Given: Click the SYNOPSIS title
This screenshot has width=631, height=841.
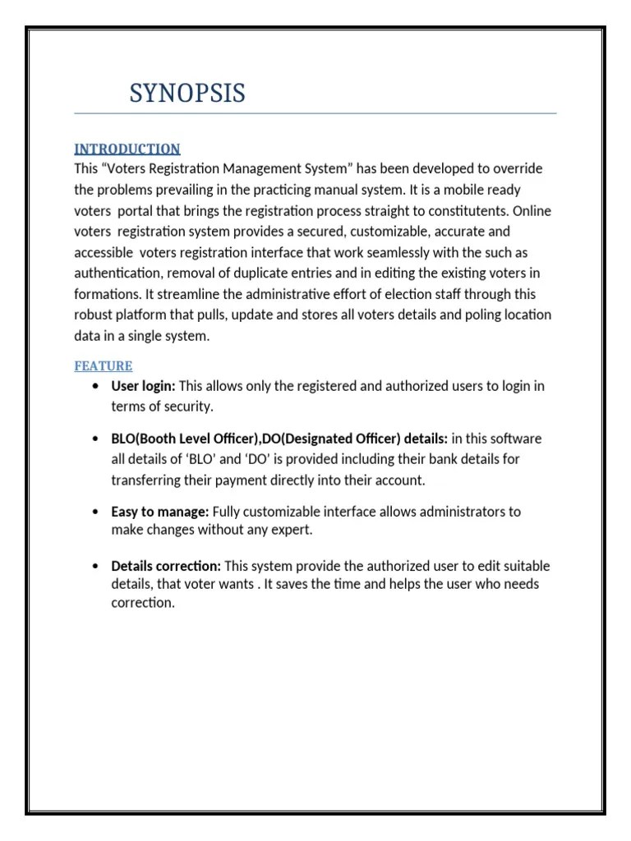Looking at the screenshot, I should click(x=187, y=94).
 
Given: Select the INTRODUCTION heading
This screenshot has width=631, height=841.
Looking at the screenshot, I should click(x=127, y=149).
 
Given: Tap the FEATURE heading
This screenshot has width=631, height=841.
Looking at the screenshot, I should click(x=104, y=365).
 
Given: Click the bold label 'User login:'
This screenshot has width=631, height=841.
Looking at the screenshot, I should click(x=144, y=386).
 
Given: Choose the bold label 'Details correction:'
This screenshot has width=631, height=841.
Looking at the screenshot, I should click(x=166, y=566).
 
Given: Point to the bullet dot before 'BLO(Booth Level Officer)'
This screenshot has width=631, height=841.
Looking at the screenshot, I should click(x=98, y=439).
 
